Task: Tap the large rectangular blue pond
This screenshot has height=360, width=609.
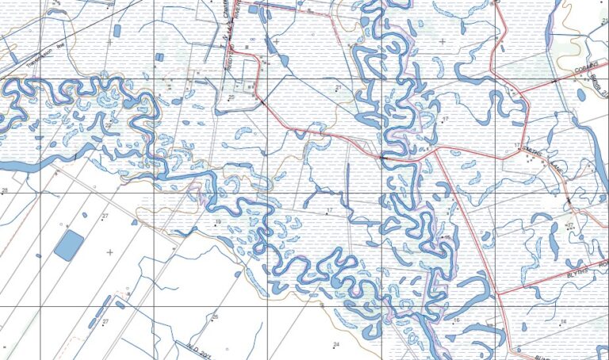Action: pos(68,245)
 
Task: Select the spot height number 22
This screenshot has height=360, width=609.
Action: pos(108,125)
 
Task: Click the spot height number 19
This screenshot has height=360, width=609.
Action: pos(216,222)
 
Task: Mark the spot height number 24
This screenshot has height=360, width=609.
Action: pos(335,344)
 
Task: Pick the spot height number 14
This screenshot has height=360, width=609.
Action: pos(563,321)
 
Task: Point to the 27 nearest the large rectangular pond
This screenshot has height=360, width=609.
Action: pos(105,216)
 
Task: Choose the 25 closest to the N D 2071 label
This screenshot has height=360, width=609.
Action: pos(214,317)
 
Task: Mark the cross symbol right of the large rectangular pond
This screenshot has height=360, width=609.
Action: pos(109,251)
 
